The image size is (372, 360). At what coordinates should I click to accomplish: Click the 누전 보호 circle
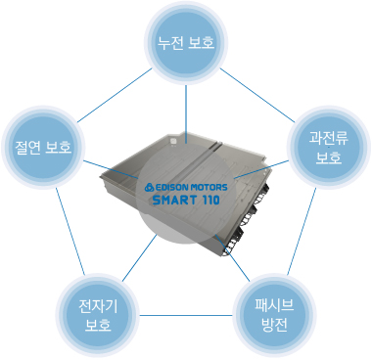click(186, 43)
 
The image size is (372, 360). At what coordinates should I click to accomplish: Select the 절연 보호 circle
click(43, 147)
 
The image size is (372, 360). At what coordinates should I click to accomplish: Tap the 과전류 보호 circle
click(329, 147)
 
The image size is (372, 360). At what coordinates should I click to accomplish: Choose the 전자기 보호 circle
click(98, 315)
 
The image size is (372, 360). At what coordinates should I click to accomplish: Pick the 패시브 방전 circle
click(274, 315)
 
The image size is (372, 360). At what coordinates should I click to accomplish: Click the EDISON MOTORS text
click(191, 188)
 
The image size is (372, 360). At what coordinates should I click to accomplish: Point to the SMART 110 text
click(186, 200)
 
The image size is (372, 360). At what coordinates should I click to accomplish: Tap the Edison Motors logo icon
click(150, 188)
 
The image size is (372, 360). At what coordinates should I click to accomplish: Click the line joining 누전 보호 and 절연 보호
click(115, 95)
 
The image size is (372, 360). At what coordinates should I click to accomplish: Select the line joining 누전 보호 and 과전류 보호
click(257, 95)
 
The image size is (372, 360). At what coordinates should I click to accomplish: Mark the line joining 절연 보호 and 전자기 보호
click(70, 231)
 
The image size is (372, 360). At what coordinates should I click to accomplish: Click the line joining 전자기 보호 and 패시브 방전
click(186, 315)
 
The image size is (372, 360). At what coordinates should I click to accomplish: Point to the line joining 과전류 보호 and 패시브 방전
click(302, 231)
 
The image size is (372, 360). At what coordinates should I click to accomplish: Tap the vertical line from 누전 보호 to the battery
click(186, 114)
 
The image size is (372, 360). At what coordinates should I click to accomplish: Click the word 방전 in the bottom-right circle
click(274, 325)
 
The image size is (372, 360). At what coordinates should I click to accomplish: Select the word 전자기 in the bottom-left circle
click(98, 306)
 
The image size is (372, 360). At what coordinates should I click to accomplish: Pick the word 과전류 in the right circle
click(329, 138)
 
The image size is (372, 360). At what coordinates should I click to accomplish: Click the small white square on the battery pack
click(173, 140)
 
